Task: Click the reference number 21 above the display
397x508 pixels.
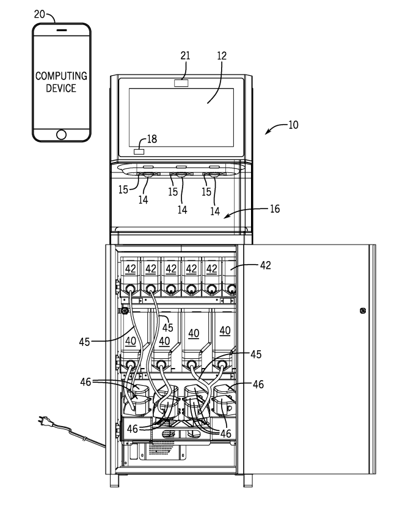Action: (x=185, y=56)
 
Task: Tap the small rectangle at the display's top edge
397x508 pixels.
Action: (x=183, y=83)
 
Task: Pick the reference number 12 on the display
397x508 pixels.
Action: (x=221, y=56)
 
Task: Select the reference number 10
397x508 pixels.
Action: (x=293, y=125)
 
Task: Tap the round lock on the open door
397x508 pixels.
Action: (x=363, y=311)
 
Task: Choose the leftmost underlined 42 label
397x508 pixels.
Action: (x=129, y=269)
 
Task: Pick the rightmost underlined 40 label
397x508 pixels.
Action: (x=225, y=330)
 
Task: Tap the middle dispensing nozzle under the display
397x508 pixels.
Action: (x=181, y=175)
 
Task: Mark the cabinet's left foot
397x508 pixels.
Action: (x=115, y=482)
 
